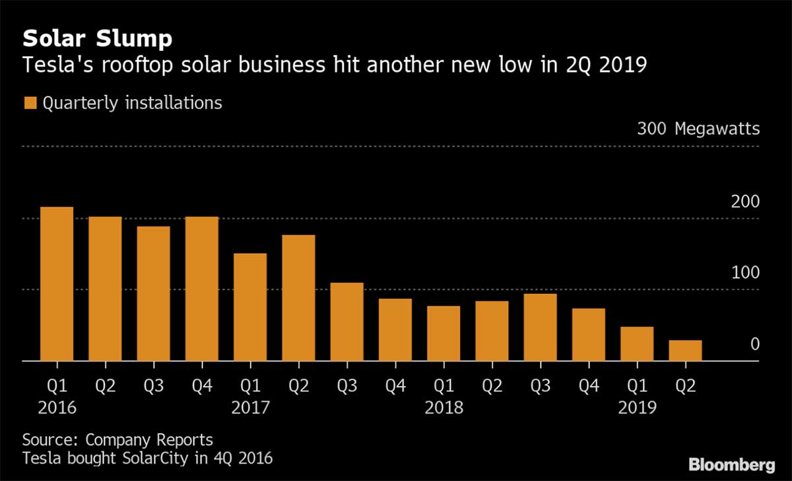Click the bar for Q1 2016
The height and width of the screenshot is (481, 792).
(x=57, y=284)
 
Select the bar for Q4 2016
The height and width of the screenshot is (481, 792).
(x=202, y=289)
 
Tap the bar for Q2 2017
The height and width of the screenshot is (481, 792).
(x=298, y=298)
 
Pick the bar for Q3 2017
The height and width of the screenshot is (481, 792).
(x=347, y=322)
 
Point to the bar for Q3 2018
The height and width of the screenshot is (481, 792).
(x=541, y=327)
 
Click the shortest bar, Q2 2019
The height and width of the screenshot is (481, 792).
(x=685, y=351)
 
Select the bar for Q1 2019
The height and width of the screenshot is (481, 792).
(x=637, y=344)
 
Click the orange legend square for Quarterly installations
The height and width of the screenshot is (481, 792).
(x=30, y=103)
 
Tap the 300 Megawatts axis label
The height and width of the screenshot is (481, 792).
(x=698, y=128)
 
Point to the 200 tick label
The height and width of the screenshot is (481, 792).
(x=746, y=202)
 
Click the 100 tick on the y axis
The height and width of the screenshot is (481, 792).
(x=746, y=273)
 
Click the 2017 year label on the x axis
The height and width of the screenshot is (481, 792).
(x=250, y=408)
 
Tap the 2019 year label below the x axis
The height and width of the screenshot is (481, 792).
(x=638, y=408)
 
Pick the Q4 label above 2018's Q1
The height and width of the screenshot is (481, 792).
(x=395, y=385)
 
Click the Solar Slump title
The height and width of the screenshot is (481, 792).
(x=98, y=39)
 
